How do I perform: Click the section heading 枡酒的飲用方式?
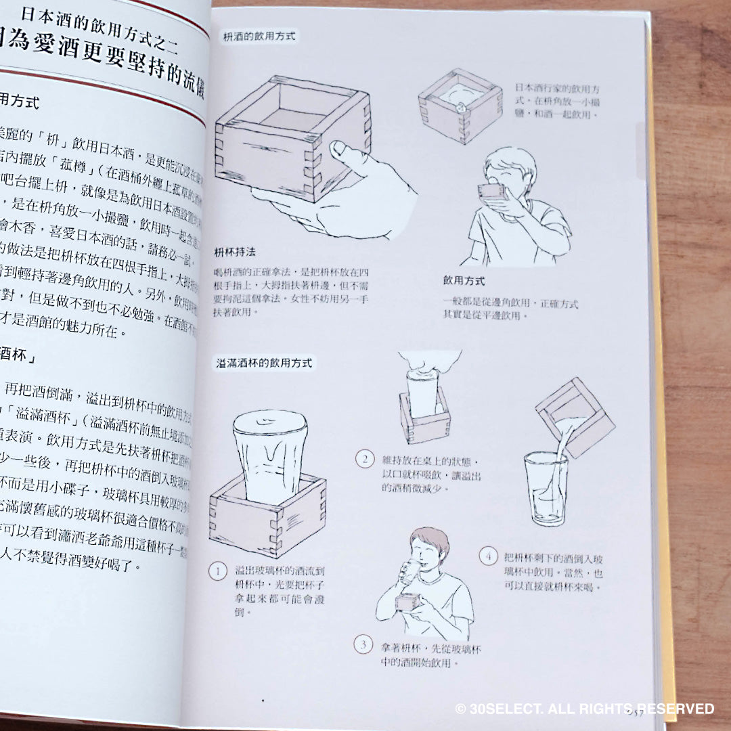[259, 37]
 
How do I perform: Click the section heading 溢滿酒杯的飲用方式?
[265, 363]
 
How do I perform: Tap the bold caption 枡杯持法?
[235, 250]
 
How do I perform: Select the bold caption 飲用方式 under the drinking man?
[464, 280]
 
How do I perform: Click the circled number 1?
[218, 572]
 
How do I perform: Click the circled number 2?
[365, 460]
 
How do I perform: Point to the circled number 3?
[363, 644]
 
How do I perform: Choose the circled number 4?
[488, 557]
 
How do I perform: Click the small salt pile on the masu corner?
[460, 105]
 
